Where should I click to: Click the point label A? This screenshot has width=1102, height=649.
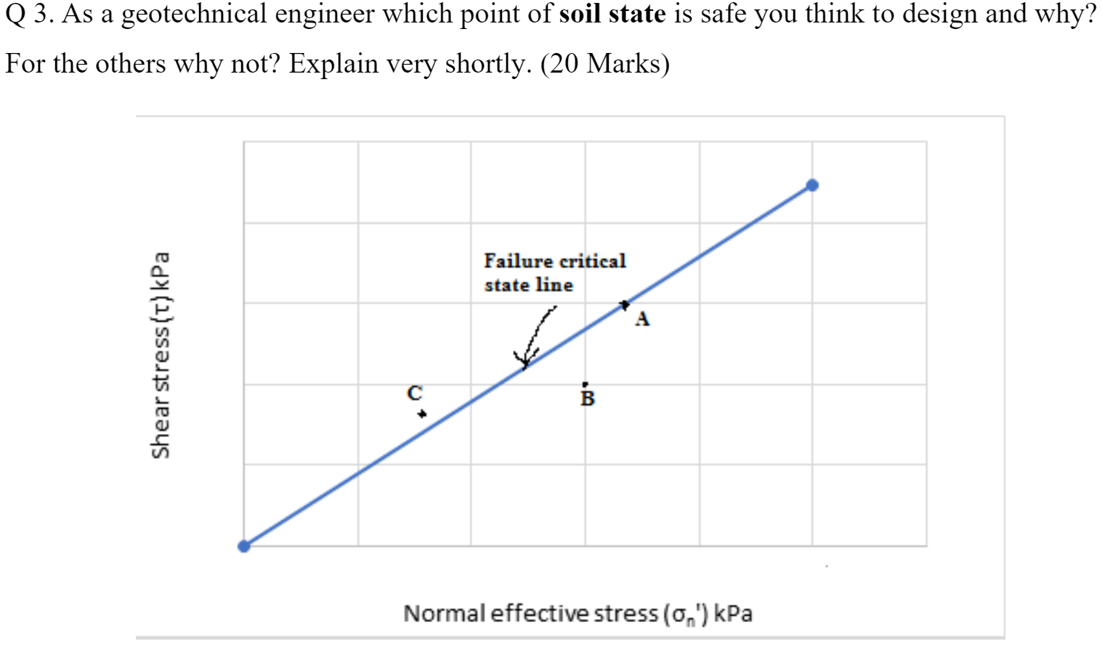click(642, 319)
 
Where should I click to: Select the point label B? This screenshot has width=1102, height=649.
click(588, 399)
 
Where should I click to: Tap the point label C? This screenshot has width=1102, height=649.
click(414, 393)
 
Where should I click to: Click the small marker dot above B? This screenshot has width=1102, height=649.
click(586, 384)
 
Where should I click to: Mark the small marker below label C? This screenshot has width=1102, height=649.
click(421, 414)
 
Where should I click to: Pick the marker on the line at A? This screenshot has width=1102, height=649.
click(624, 305)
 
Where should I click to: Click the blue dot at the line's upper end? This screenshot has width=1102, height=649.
click(812, 185)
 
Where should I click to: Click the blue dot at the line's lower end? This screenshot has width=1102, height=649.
click(244, 546)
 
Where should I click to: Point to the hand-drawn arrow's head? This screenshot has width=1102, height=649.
click(525, 359)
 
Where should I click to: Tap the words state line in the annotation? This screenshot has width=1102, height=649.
click(528, 285)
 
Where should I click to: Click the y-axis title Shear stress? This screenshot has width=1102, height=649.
click(161, 355)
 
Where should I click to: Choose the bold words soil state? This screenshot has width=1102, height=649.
click(612, 14)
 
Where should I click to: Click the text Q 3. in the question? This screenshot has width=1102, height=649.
click(29, 14)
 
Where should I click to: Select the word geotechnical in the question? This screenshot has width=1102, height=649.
click(193, 14)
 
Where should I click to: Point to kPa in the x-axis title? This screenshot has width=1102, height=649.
click(733, 614)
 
